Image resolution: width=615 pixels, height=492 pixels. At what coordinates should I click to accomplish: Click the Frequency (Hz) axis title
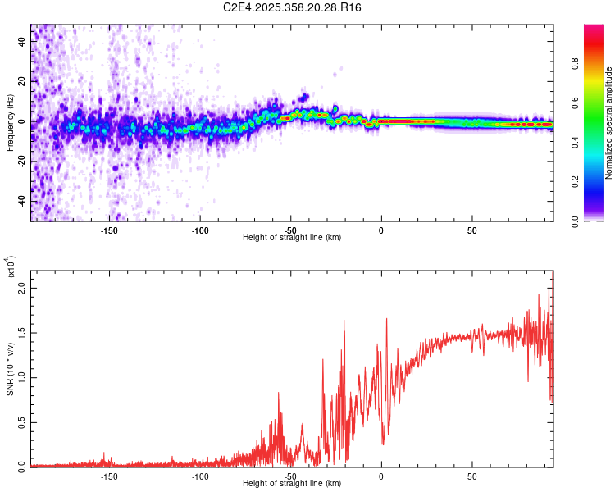click(x=10, y=123)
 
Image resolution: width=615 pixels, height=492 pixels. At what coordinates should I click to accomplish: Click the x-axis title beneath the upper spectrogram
click(x=293, y=237)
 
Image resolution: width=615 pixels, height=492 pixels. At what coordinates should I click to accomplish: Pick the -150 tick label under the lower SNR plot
click(x=109, y=476)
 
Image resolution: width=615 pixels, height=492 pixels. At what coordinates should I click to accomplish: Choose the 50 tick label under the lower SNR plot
click(x=471, y=476)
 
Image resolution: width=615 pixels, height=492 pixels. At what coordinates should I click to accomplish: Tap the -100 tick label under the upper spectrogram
click(x=200, y=230)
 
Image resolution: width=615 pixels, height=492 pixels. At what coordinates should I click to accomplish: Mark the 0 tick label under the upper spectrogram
click(x=380, y=230)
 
